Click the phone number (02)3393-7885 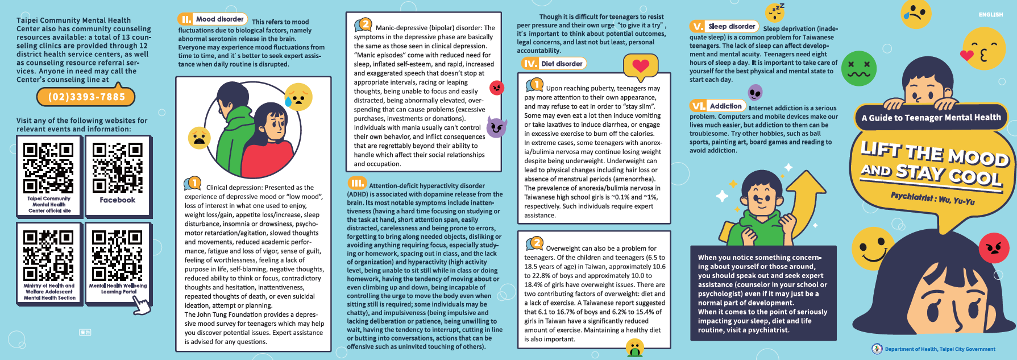[86, 97]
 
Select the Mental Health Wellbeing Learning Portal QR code [117, 254]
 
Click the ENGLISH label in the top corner [990, 15]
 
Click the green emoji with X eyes [858, 68]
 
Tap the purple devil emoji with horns [496, 127]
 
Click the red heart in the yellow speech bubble [641, 66]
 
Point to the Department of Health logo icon [877, 349]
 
